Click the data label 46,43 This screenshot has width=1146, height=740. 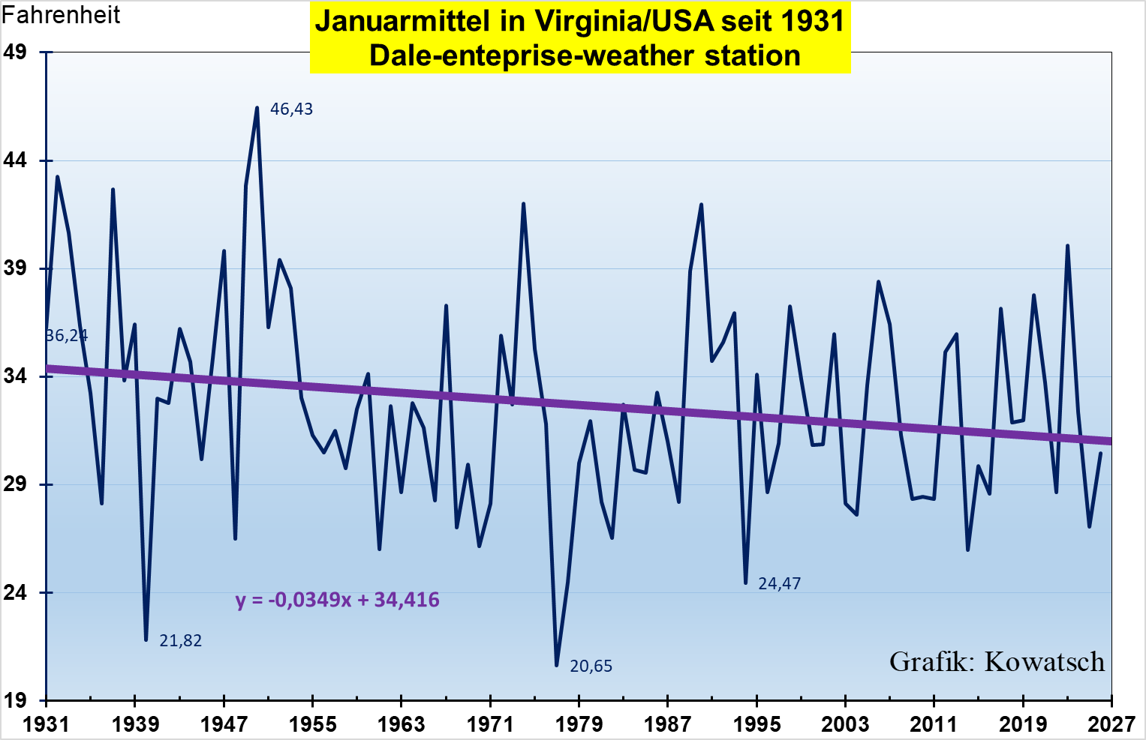pyautogui.click(x=291, y=109)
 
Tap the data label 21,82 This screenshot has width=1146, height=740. pyautogui.click(x=181, y=641)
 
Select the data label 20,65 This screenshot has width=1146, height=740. pyautogui.click(x=591, y=667)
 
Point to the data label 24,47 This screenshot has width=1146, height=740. pyautogui.click(x=780, y=584)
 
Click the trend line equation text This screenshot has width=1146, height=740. pyautogui.click(x=337, y=601)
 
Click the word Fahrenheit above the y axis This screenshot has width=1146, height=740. pyautogui.click(x=61, y=15)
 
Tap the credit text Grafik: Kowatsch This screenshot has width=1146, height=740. pyautogui.click(x=997, y=662)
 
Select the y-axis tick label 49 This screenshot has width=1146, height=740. pyautogui.click(x=15, y=52)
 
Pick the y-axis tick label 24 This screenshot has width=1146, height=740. pyautogui.click(x=15, y=593)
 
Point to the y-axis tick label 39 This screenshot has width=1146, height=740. pyautogui.click(x=15, y=268)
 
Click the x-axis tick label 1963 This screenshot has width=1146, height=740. pyautogui.click(x=401, y=724)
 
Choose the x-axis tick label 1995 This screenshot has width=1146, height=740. pyautogui.click(x=756, y=724)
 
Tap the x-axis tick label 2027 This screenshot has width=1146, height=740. pyautogui.click(x=1111, y=724)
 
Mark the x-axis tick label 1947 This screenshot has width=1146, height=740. pyautogui.click(x=224, y=724)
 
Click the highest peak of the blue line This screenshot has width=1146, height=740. pyautogui.click(x=257, y=108)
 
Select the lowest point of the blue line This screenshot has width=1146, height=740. pyautogui.click(x=557, y=665)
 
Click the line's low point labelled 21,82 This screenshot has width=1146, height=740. pyautogui.click(x=146, y=640)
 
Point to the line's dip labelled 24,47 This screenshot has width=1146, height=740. pyautogui.click(x=745, y=583)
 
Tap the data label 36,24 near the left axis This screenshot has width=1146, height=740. pyautogui.click(x=67, y=336)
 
